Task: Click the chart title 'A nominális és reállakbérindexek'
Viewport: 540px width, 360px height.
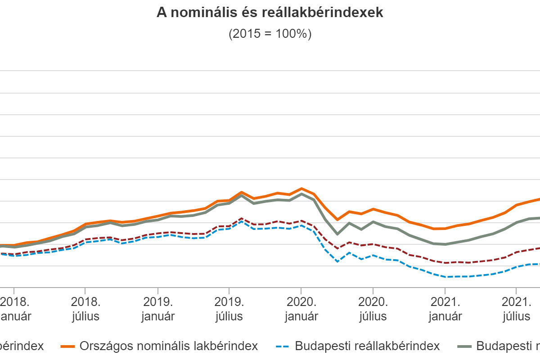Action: point(270,13)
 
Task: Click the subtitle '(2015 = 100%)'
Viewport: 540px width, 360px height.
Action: point(270,34)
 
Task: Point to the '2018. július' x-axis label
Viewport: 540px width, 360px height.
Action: point(85,308)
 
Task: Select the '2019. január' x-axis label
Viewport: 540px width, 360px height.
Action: point(157,308)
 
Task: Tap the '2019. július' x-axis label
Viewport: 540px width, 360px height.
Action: point(229,308)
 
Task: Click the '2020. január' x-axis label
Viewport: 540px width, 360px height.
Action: point(301,308)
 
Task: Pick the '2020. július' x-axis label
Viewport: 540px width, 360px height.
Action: point(373,308)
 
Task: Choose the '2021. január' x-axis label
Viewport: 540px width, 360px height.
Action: point(445,308)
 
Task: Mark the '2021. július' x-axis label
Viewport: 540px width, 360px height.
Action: point(517,308)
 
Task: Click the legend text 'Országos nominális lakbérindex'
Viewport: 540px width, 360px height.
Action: point(169,346)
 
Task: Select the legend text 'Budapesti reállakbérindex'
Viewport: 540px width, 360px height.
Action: point(367,346)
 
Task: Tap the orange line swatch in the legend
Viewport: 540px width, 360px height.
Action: point(67,346)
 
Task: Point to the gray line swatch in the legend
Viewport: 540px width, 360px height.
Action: point(465,346)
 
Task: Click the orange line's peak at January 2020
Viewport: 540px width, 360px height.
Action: point(301,189)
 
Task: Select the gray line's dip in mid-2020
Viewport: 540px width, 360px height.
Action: point(337,234)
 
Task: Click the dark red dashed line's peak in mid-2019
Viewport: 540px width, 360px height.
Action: point(242,218)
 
